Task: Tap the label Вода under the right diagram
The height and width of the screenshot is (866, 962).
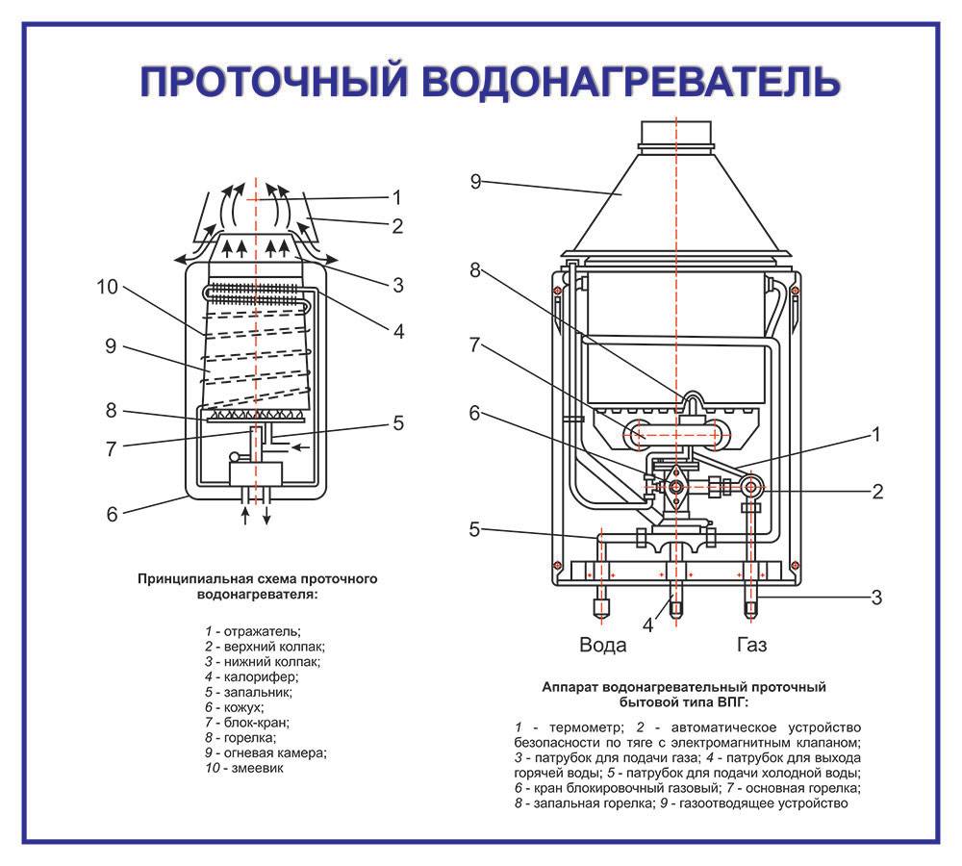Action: [602, 644]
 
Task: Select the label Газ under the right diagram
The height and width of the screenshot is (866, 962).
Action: [751, 644]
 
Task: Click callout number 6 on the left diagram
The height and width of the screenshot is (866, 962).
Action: [112, 514]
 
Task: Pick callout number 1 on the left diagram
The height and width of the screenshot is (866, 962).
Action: [395, 197]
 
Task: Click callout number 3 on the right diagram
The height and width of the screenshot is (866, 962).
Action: [876, 597]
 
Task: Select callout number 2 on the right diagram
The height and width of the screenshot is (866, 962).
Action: [876, 491]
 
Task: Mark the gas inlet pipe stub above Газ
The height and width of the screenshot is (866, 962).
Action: [751, 605]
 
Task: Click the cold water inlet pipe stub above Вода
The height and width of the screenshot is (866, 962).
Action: [602, 605]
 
